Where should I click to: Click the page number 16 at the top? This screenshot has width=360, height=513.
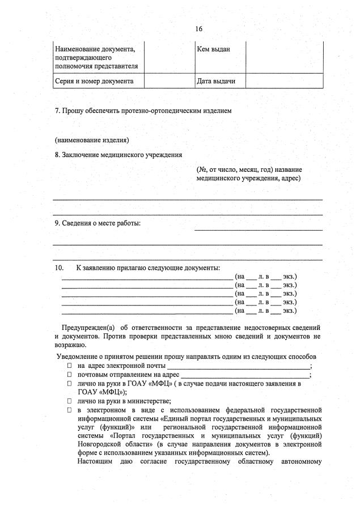pos(198,28)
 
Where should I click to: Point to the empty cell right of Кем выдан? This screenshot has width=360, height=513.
pos(283,57)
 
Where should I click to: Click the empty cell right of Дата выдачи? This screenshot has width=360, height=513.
pos(283,81)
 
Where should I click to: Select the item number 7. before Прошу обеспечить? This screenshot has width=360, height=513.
pos(58,111)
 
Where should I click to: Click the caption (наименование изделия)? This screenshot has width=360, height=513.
pos(92,139)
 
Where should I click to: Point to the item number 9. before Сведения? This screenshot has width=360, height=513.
pos(58,223)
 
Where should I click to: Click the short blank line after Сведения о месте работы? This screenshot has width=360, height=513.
pos(259,230)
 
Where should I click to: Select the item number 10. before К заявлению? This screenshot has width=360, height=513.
pos(60,268)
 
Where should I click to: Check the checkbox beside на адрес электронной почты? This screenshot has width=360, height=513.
pos(70,367)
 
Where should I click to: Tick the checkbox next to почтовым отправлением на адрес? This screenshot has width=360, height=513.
pos(70,375)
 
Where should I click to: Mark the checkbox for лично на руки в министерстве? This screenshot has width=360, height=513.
pos(70,401)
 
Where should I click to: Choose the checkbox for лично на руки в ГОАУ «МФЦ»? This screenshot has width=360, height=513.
pos(70,384)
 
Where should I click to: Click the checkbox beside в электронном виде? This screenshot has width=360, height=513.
pos(70,409)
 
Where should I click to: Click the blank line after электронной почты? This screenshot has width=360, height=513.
pos(242,368)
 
